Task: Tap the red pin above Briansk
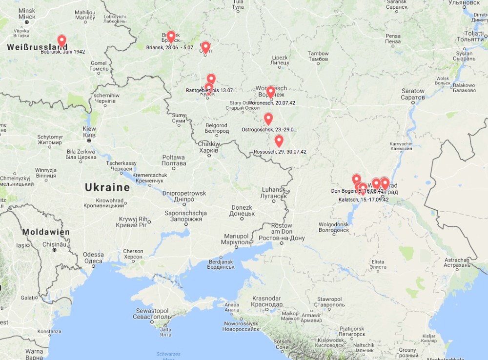[171, 37]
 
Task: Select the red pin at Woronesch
[270, 92]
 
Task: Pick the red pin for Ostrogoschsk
[268, 119]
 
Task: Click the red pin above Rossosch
[279, 141]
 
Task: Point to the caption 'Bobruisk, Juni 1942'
[63, 52]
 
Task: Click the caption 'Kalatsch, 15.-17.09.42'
[364, 200]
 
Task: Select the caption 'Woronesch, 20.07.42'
[272, 103]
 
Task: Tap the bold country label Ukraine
[107, 187]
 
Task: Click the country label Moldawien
[46, 232]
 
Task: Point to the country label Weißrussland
[37, 47]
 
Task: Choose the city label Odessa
[93, 257]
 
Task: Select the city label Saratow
[413, 94]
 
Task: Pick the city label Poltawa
[174, 160]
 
